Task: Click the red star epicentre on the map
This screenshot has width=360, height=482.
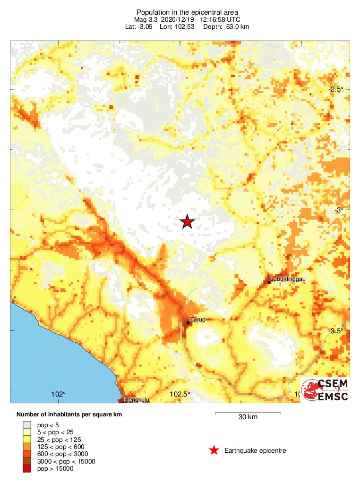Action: [x=188, y=221]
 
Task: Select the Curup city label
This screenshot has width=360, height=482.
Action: [x=197, y=320]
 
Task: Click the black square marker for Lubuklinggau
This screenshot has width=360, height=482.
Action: [x=269, y=282]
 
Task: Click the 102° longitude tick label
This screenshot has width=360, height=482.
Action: [x=59, y=394]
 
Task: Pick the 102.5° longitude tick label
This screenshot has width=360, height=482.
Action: [x=180, y=394]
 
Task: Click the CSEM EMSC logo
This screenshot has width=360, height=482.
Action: [x=325, y=390]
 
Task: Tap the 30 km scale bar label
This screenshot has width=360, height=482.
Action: [x=248, y=417]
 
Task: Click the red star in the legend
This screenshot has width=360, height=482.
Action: [x=214, y=450]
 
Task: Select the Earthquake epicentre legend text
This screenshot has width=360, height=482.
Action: [x=255, y=450]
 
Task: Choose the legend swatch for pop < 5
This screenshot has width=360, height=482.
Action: [x=27, y=425]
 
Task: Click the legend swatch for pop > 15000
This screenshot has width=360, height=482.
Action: [x=27, y=468]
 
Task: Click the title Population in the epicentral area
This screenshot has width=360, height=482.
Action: [x=180, y=12]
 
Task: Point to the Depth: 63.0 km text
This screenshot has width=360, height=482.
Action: [x=226, y=26]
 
